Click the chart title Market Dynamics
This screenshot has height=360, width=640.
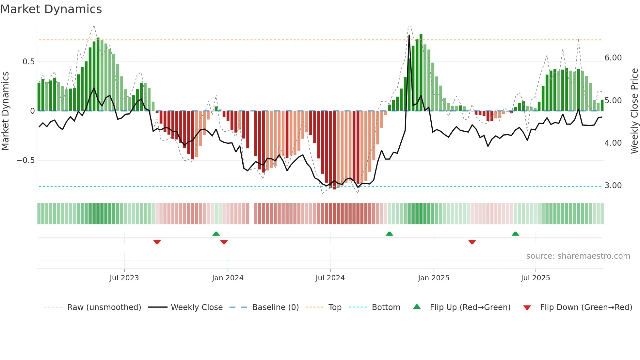tap(51, 9)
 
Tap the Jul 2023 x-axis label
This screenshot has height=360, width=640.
tap(124, 278)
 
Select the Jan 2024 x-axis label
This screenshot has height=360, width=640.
tap(228, 278)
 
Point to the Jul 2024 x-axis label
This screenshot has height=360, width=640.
tap(330, 278)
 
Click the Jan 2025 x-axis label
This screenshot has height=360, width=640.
tap(434, 278)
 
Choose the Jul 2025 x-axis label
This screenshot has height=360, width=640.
tap(536, 278)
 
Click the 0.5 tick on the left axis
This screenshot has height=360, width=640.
tap(29, 62)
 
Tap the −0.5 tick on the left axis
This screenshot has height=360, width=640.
tap(26, 160)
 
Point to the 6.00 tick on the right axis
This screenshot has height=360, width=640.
tap(613, 58)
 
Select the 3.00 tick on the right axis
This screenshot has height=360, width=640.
tap(613, 186)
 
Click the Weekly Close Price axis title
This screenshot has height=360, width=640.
tap(634, 111)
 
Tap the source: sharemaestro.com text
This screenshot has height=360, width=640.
tap(578, 256)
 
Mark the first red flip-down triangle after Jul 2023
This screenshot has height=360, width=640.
tap(157, 242)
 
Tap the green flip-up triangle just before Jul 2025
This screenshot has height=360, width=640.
tap(515, 234)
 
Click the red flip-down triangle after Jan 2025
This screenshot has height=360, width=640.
tap(472, 242)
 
